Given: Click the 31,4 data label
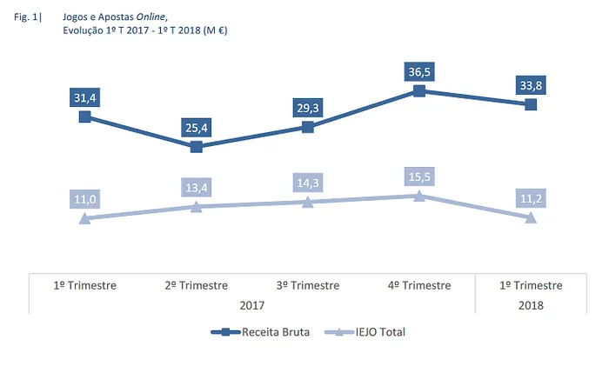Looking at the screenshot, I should pos(84,97).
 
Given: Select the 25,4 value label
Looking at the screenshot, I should pos(196,129).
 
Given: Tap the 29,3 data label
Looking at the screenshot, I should pos(307,108).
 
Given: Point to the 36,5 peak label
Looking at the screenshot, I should pos(418,71).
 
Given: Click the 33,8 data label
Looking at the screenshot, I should pos(530,85).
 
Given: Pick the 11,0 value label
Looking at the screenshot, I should pos(84,199).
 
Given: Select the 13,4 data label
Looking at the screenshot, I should pos(196,188).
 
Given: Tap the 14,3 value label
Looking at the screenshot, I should pos(307,183).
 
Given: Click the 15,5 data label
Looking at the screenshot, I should pos(418,177).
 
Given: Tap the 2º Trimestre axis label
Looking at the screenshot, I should pos(196,285).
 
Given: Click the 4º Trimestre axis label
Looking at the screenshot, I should pos(418,285).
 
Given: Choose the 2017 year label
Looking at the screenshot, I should pos(251,304).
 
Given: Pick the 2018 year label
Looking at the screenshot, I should pos(530,304).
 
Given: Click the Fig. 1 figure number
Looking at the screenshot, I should pos(30,17).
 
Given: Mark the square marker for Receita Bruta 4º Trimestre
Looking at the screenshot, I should pos(418,90).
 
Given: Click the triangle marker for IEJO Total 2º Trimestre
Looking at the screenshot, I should pos(196,206).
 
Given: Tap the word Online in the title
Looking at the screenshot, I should pos(152,17).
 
